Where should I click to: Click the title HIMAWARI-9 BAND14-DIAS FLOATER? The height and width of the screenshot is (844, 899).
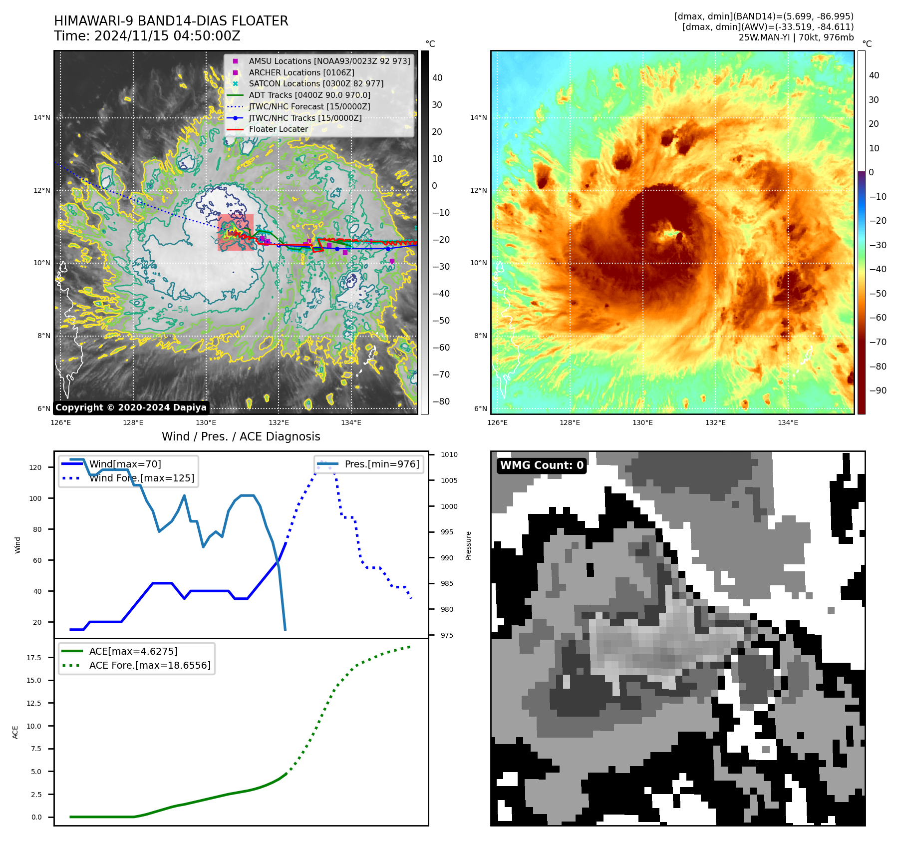(x=171, y=21)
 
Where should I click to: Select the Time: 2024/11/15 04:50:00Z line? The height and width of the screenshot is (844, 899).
(x=147, y=36)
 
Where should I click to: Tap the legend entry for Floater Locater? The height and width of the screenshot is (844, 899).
(x=278, y=129)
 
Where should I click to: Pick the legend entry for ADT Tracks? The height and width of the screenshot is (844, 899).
(x=309, y=95)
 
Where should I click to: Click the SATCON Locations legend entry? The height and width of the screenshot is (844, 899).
(x=316, y=83)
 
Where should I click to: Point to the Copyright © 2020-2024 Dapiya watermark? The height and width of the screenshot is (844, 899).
(x=131, y=408)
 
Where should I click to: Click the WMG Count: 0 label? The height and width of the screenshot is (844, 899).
(x=542, y=465)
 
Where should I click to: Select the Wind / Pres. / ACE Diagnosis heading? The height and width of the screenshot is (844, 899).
(x=241, y=436)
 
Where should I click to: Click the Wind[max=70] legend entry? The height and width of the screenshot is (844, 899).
(x=125, y=464)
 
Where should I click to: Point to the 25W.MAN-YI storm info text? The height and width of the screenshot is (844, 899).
(x=796, y=37)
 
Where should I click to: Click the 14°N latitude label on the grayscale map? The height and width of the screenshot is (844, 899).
(x=42, y=118)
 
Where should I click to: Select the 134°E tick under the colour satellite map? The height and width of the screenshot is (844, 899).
(x=788, y=422)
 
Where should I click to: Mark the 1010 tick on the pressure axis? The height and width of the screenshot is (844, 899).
(x=449, y=454)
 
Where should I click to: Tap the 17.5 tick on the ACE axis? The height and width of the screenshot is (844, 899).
(x=34, y=658)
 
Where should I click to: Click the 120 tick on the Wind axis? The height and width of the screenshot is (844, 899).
(x=35, y=467)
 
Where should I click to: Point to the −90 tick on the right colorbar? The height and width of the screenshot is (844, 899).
(x=878, y=391)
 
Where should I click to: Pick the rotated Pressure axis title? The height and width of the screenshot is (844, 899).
(x=468, y=545)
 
